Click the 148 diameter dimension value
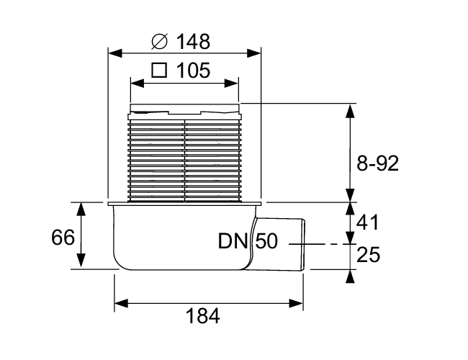coord(194,41)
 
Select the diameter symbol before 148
coord(160,42)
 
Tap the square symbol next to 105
coord(159,71)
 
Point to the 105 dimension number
coord(194,71)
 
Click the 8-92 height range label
coord(377,163)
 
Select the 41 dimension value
coord(367,222)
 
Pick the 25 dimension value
coord(369,255)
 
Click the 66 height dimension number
coord(63,238)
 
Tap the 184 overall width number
coord(202,316)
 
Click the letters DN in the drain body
coord(233,241)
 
